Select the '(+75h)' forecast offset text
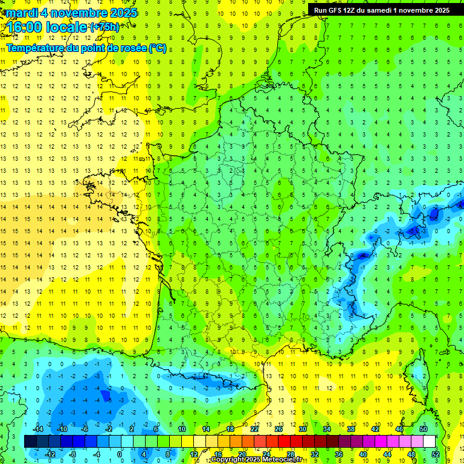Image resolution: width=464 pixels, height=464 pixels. click(x=104, y=27)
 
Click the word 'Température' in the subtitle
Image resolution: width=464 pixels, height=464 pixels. click(x=34, y=48)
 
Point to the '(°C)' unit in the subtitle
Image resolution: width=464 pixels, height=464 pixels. click(x=158, y=48)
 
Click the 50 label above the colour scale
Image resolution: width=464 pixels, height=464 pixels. click(x=424, y=428)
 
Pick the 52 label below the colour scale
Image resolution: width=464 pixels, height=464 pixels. click(x=436, y=454)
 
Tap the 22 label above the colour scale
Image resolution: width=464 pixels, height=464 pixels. click(x=254, y=428)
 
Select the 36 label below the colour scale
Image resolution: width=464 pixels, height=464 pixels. click(x=339, y=454)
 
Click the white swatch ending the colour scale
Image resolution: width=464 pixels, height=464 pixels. click(x=430, y=442)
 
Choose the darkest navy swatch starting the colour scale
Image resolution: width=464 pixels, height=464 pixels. click(x=30, y=442)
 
